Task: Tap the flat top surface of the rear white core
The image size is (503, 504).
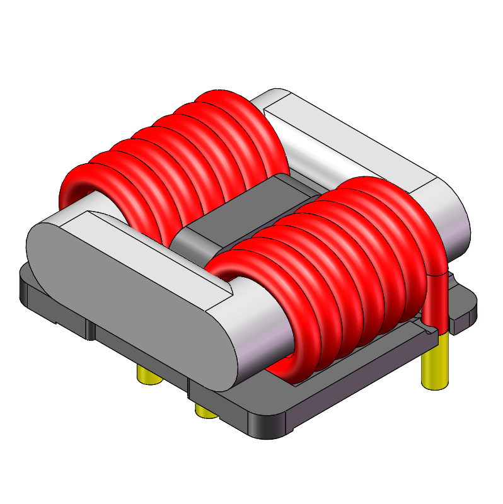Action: (353, 145)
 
